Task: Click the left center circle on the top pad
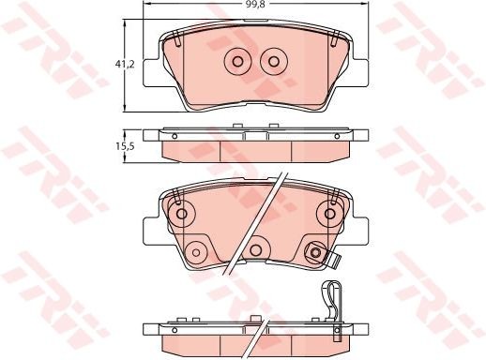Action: point(236,62)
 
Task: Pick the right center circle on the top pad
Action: point(274,62)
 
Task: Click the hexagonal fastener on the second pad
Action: point(315,250)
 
